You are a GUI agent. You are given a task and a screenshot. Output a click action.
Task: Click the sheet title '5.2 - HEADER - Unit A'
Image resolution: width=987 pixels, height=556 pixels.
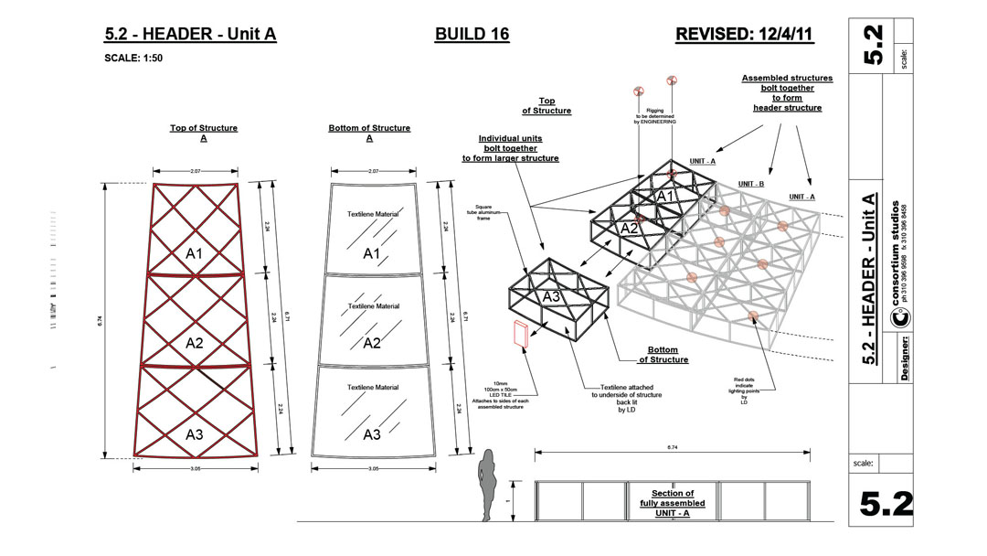tap(190, 35)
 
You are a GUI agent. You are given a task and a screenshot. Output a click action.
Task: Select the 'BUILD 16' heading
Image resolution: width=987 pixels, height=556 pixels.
tap(472, 35)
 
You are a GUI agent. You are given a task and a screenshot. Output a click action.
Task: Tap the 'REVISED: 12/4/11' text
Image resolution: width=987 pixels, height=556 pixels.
tap(744, 35)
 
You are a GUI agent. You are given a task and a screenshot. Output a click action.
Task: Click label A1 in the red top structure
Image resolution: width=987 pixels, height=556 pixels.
tap(195, 253)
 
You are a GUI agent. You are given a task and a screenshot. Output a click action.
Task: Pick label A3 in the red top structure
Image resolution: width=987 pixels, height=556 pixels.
tap(195, 434)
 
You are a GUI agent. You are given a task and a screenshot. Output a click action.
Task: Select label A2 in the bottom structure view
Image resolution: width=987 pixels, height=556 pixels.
tap(371, 344)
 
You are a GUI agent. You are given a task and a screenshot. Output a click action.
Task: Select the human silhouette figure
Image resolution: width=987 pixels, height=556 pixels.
tap(490, 485)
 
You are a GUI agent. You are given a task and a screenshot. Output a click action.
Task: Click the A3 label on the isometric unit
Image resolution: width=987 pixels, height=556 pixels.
tap(551, 296)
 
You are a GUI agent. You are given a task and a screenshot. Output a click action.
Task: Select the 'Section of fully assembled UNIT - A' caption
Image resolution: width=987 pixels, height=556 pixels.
tap(673, 503)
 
